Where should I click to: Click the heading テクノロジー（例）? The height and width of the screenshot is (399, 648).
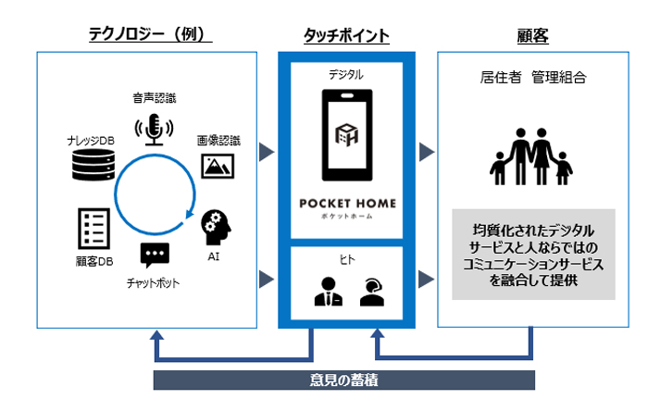click(x=150, y=34)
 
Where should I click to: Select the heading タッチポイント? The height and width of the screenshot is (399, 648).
click(x=346, y=35)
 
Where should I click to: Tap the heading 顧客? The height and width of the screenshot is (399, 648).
click(x=532, y=36)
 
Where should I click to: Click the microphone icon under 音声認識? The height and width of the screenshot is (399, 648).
click(x=154, y=130)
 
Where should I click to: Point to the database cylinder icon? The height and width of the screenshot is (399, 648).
click(x=93, y=165)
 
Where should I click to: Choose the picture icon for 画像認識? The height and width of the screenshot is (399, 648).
click(x=218, y=167)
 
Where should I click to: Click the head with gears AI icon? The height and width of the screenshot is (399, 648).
click(x=216, y=228)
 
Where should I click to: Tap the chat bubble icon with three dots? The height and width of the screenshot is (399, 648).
click(x=155, y=256)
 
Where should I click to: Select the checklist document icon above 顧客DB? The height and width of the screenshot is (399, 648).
click(x=94, y=229)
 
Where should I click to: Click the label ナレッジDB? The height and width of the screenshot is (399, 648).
click(x=91, y=141)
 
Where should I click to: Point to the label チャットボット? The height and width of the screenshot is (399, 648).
click(x=153, y=283)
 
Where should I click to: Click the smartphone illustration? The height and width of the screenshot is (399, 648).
click(x=347, y=135)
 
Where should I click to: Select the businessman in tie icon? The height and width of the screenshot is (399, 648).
click(x=329, y=292)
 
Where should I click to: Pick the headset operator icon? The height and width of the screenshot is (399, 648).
click(x=372, y=292)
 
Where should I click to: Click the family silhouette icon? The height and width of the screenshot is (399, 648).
click(x=531, y=156)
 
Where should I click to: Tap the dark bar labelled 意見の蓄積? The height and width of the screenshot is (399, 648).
click(x=343, y=380)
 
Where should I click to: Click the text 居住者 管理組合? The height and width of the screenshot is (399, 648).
click(x=533, y=78)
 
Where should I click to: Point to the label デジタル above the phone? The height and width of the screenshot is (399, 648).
click(x=346, y=75)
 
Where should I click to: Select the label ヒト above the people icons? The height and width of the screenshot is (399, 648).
click(x=347, y=259)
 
